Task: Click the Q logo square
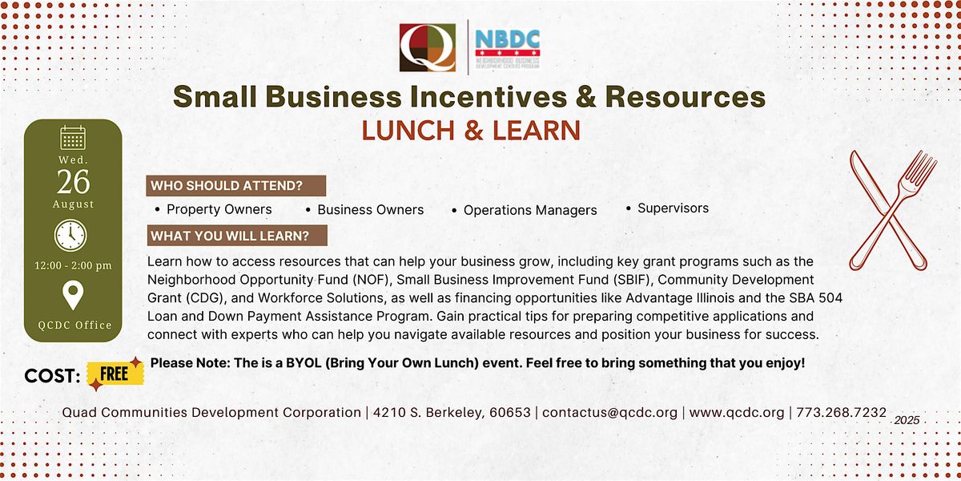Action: click(x=428, y=47)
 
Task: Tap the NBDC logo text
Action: click(x=508, y=39)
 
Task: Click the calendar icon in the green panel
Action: click(x=73, y=137)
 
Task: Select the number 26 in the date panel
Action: click(x=74, y=182)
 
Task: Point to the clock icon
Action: click(x=70, y=236)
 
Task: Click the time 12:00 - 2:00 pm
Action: click(x=73, y=265)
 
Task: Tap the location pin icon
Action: click(x=73, y=295)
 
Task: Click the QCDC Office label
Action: click(x=74, y=325)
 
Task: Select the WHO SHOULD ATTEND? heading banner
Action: click(x=236, y=185)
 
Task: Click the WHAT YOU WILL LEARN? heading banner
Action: click(x=237, y=236)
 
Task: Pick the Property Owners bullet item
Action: click(x=214, y=209)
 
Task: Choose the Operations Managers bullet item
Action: click(x=525, y=210)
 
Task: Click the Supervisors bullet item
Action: click(x=668, y=208)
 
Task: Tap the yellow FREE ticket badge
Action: click(x=115, y=374)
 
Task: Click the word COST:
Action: click(x=52, y=376)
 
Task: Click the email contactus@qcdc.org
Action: click(x=609, y=412)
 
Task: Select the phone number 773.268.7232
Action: click(x=842, y=412)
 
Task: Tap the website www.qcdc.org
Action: click(x=737, y=412)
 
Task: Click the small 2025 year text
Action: click(x=907, y=420)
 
